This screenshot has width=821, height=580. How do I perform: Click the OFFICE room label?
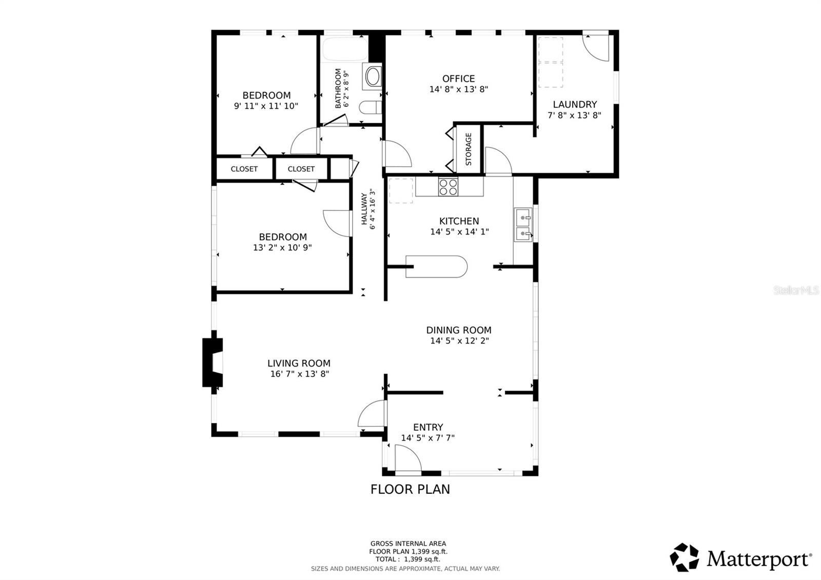coord(458,79)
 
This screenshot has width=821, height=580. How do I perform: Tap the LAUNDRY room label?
coord(574,104)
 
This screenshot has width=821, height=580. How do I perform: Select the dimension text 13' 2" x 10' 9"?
coord(282,247)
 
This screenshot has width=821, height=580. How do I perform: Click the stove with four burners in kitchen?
coord(448,187)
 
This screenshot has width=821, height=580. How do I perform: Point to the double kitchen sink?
coord(523,225)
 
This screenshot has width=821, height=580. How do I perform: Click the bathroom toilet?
coord(369,107)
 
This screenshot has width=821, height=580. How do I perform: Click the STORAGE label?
coord(468,149)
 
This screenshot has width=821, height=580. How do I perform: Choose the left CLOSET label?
coord(244,169)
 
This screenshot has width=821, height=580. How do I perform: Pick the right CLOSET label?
coord(301,169)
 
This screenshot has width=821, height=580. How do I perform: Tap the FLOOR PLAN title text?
coord(410,489)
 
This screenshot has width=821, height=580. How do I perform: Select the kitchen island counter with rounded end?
coord(436,266)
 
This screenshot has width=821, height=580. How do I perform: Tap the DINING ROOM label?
coord(459,330)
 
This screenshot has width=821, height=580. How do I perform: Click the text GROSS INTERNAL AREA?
coord(408,544)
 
